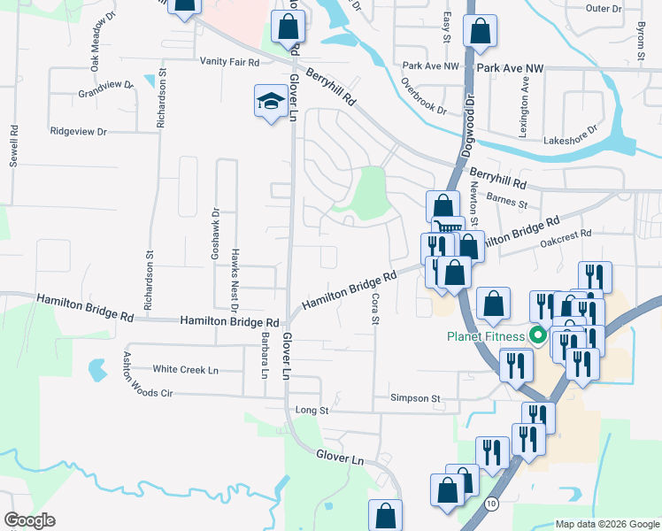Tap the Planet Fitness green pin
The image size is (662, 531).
[x=535, y=335]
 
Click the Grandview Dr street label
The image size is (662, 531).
[x=104, y=89]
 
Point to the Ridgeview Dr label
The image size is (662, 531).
[x=78, y=131]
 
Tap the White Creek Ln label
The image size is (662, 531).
[x=185, y=369]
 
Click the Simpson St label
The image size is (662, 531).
[x=415, y=399]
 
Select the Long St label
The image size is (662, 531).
[x=312, y=411]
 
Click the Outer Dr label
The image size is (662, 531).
[x=604, y=8]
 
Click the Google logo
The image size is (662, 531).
[x=29, y=520]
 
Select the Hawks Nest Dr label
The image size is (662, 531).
[x=235, y=281]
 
